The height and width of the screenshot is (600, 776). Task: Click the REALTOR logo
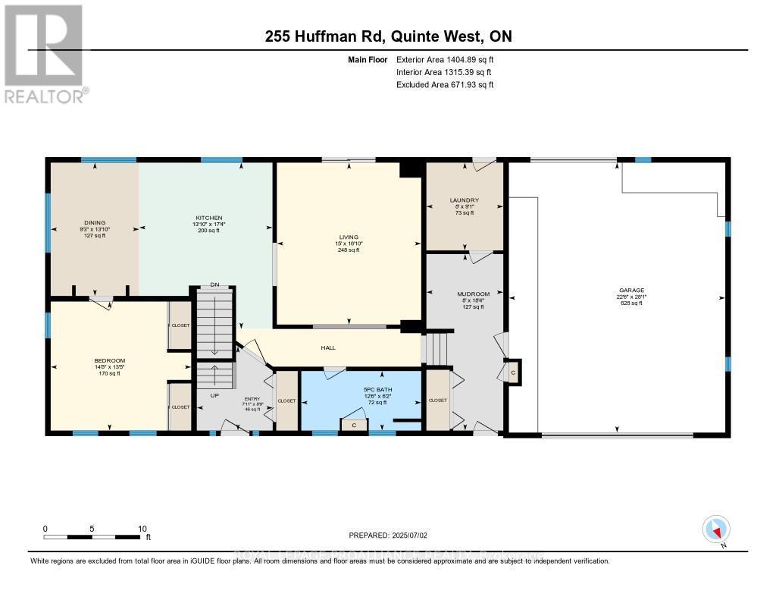pyautogui.click(x=44, y=53)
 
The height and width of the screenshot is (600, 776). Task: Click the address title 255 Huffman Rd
pyautogui.click(x=388, y=36)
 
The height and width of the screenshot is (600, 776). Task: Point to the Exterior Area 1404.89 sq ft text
pyautogui.click(x=445, y=59)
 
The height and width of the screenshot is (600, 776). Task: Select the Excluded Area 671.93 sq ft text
pyautogui.click(x=445, y=85)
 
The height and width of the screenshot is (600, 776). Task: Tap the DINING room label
pyautogui.click(x=95, y=222)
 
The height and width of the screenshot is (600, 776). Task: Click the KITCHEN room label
pyautogui.click(x=205, y=218)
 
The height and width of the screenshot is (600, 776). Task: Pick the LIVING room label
pyautogui.click(x=349, y=237)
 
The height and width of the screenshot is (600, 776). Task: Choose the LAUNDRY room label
pyautogui.click(x=464, y=200)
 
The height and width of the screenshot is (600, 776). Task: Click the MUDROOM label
pyautogui.click(x=473, y=294)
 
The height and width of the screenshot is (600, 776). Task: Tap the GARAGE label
pyautogui.click(x=630, y=290)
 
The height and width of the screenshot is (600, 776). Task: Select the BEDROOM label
pyautogui.click(x=109, y=360)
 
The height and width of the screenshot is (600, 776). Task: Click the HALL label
pyautogui.click(x=328, y=348)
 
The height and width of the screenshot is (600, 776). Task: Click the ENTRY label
pyautogui.click(x=252, y=399)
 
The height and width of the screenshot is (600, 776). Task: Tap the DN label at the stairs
pyautogui.click(x=214, y=285)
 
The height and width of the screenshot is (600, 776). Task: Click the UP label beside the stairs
pyautogui.click(x=214, y=396)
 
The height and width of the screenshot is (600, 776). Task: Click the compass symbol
pyautogui.click(x=715, y=529)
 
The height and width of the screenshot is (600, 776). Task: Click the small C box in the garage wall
pyautogui.click(x=512, y=372)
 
